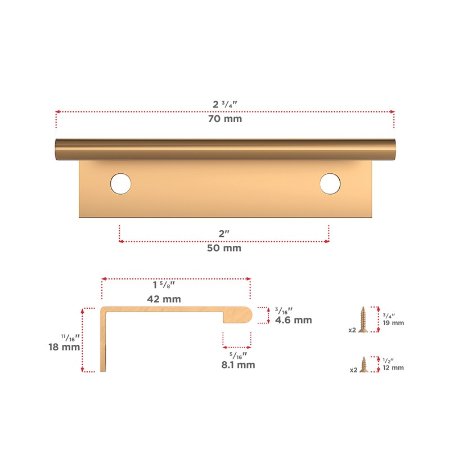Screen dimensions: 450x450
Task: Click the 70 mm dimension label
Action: [x=224, y=119]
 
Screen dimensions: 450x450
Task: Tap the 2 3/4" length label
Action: [x=224, y=105]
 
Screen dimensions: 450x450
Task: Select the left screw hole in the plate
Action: [x=120, y=183]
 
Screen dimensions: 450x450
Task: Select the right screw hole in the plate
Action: [x=330, y=183]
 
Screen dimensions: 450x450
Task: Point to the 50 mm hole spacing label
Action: [x=224, y=248]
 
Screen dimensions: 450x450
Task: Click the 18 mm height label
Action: [x=64, y=347]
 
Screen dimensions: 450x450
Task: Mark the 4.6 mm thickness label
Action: [x=293, y=320]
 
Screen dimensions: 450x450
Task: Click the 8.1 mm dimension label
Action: [x=238, y=364]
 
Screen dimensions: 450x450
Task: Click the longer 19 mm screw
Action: [x=363, y=319]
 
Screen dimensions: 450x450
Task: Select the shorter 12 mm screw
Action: [x=363, y=364]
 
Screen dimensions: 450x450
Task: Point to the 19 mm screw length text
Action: [x=394, y=323]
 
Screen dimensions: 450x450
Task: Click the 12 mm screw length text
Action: [x=394, y=368]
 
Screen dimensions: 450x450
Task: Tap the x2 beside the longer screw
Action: [x=352, y=330]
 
